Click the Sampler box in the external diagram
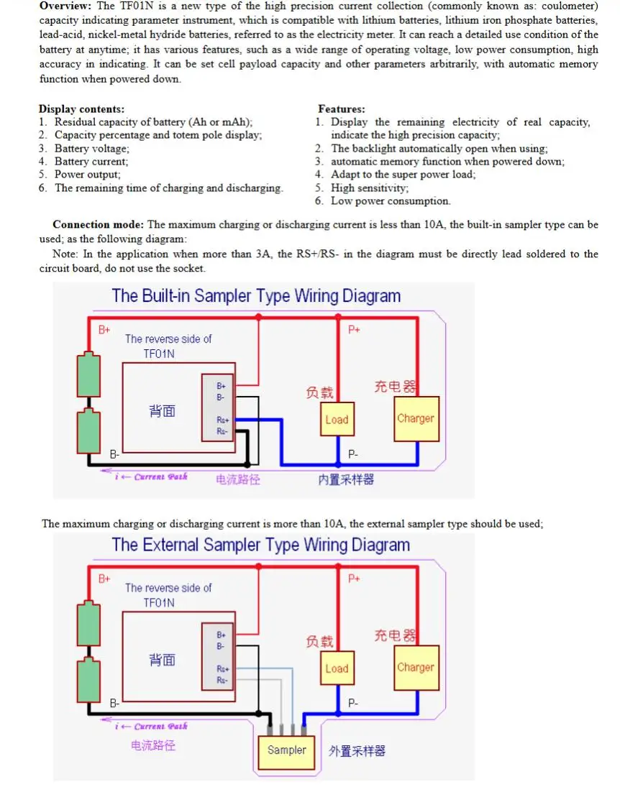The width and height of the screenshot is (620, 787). point(286,752)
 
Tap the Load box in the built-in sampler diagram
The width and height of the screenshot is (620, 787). point(337,419)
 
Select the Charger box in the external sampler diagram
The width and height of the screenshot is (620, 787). point(416,668)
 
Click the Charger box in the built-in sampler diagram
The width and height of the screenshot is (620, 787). point(416,418)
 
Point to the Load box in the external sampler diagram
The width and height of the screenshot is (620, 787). point(337,668)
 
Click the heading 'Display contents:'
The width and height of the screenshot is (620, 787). point(81,109)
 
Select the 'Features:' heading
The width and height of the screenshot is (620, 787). point(342,109)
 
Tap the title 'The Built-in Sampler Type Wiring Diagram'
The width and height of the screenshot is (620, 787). point(256,295)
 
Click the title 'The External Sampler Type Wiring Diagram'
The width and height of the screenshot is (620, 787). point(261,545)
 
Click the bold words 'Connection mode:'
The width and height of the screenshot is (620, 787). point(98,224)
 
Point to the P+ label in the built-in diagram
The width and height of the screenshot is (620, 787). point(354,329)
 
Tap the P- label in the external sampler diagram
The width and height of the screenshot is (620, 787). point(353,703)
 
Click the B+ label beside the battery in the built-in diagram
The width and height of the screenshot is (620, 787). point(104,330)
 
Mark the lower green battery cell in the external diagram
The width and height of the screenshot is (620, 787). point(88,679)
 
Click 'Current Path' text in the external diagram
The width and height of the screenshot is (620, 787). point(161,726)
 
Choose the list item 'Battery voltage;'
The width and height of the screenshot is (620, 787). point(92,149)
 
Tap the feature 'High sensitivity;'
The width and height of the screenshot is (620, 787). point(370,188)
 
